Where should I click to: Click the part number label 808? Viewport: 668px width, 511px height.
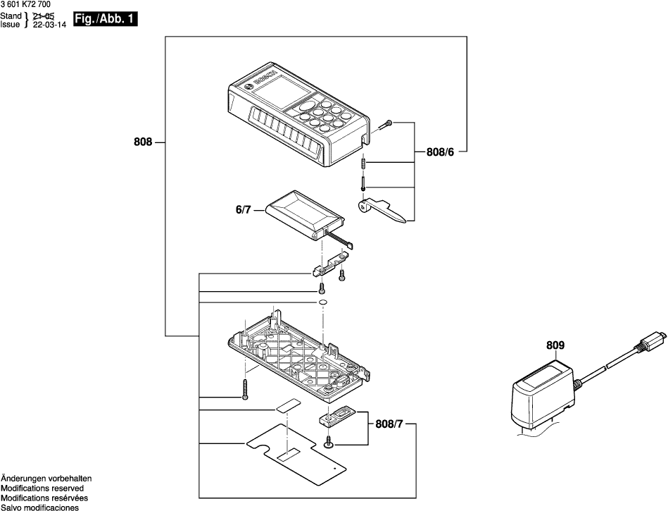coord(143,142)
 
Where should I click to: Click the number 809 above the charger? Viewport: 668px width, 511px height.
coord(555,345)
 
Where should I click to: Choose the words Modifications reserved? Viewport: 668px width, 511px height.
coord(42,488)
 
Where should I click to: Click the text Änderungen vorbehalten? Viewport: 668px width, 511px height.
coord(46,478)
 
